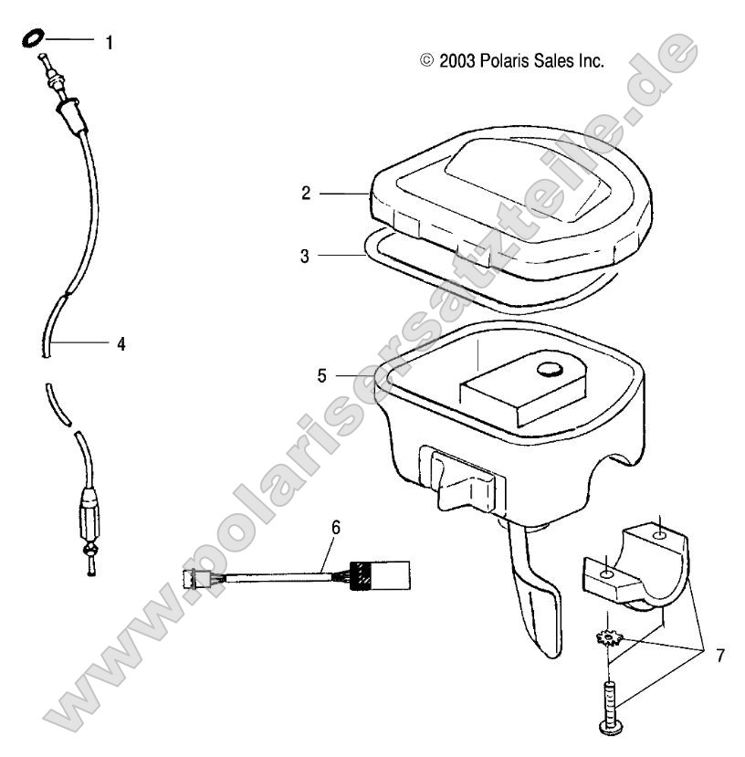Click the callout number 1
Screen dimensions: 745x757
(110, 43)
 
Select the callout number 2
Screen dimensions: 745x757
(307, 193)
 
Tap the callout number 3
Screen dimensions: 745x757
(307, 256)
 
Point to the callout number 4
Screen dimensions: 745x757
(120, 344)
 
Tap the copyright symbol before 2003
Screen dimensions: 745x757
(426, 61)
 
